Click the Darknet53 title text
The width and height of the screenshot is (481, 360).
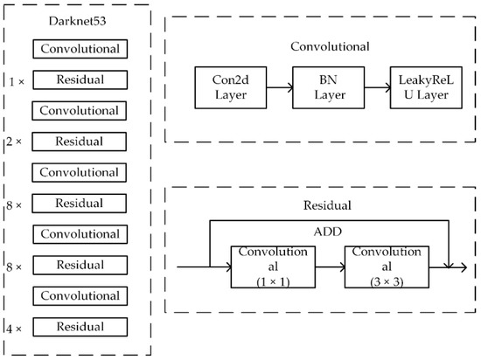click(x=79, y=21)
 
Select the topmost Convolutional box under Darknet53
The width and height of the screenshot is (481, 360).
click(x=79, y=49)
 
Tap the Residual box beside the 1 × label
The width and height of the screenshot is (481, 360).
click(x=79, y=80)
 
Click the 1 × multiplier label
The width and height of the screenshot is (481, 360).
click(x=16, y=80)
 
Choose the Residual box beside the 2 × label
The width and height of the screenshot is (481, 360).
click(x=79, y=141)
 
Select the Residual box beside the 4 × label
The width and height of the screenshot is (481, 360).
click(x=79, y=326)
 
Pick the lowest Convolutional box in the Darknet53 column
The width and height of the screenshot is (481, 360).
click(x=79, y=295)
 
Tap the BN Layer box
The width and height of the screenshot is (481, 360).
click(x=326, y=88)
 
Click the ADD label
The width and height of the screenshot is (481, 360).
click(x=325, y=234)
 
